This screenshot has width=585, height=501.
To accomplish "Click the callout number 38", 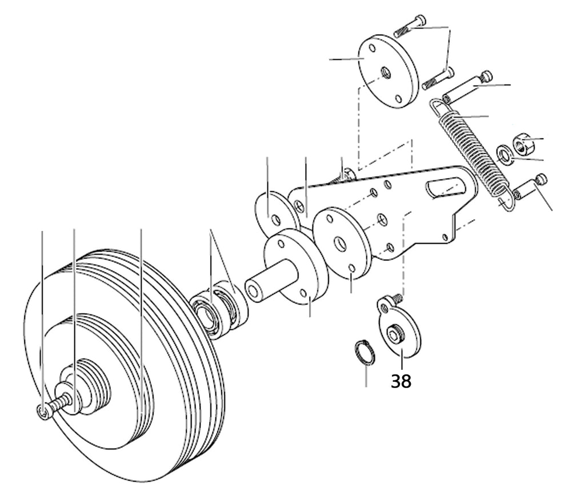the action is click(x=401, y=381).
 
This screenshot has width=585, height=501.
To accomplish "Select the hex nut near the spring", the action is click(x=524, y=144).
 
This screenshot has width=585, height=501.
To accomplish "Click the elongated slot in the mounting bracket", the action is click(x=446, y=187).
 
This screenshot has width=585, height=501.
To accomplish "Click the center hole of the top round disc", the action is click(x=386, y=72).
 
